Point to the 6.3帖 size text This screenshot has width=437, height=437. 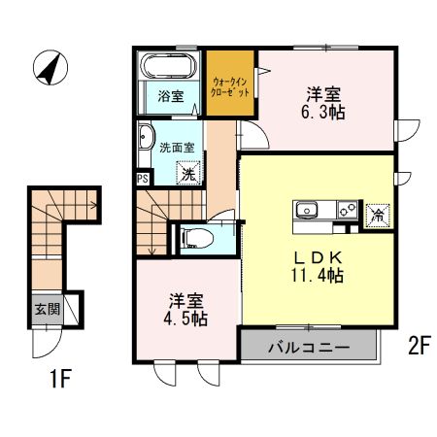tap(324, 112)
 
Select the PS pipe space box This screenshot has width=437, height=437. tap(142, 179)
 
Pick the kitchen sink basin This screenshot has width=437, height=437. tap(307, 209)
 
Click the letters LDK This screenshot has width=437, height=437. tap(318, 257)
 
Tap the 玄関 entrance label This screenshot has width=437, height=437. tap(46, 310)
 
